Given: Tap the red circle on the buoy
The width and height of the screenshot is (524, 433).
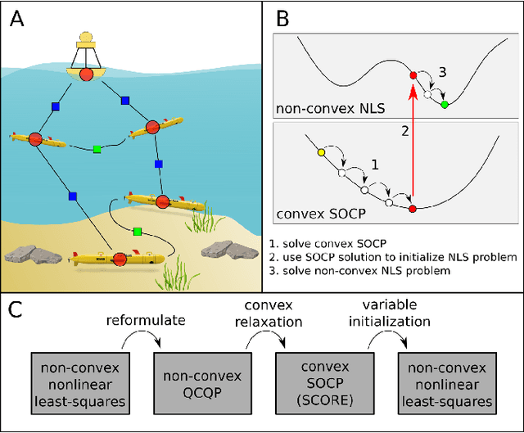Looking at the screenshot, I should coord(87,75).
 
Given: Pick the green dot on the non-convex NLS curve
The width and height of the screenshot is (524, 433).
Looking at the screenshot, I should coord(444,105).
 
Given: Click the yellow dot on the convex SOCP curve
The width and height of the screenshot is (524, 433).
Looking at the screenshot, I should coord(321,152).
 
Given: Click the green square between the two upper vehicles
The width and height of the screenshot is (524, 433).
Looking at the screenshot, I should coord(97,149).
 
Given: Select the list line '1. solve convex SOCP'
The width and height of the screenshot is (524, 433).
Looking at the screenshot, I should coord(331,243).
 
